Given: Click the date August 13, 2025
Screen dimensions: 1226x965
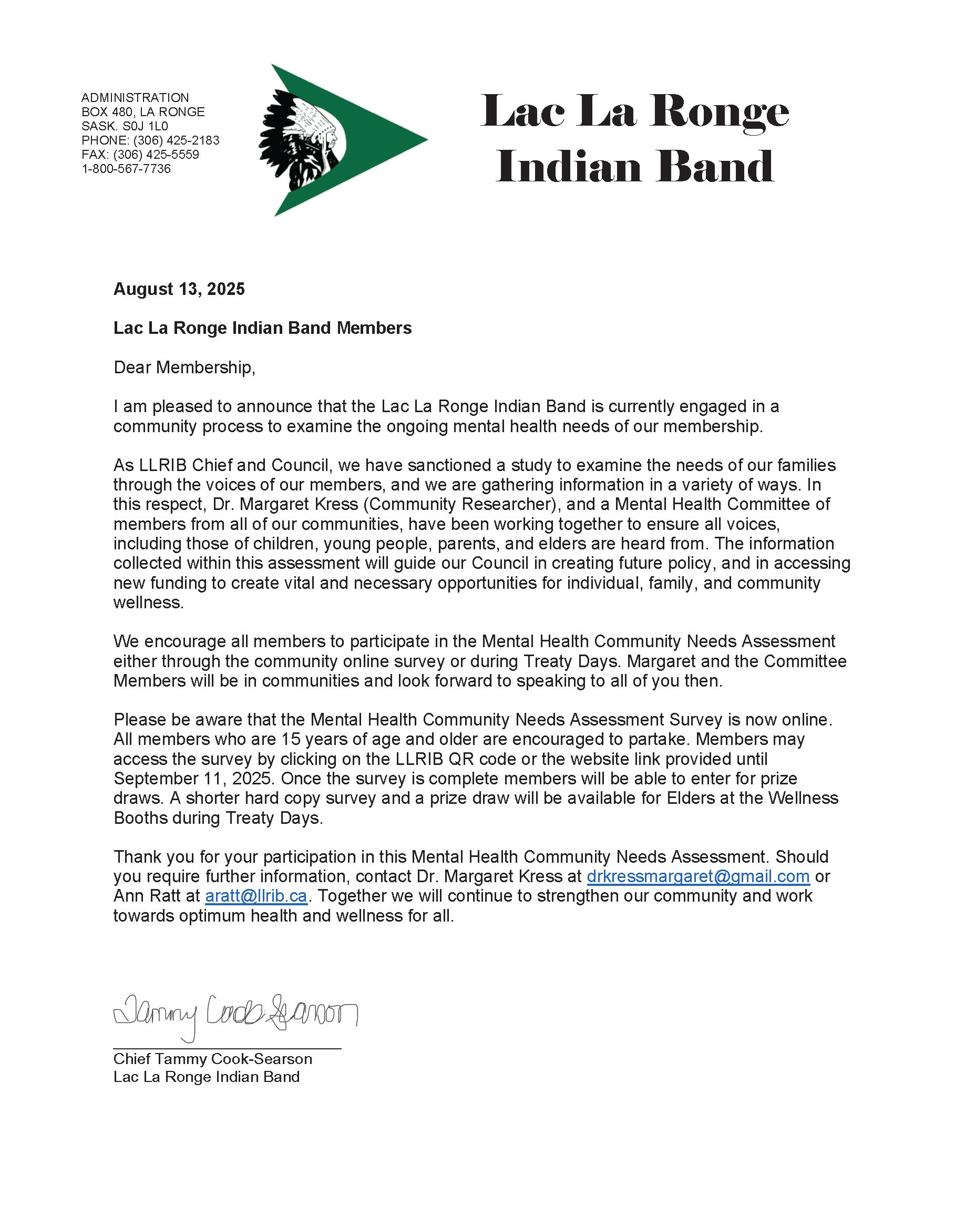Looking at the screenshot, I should [179, 289].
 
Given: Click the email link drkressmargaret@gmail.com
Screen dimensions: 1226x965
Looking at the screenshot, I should [698, 876].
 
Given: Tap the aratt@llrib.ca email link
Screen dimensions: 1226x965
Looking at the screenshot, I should [256, 896].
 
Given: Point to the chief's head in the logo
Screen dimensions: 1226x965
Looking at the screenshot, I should [316, 136].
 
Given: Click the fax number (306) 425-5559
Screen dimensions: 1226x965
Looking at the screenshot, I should [157, 155].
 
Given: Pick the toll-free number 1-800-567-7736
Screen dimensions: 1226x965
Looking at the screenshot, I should [126, 169].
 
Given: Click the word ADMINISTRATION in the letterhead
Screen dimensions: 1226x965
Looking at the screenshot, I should [135, 98].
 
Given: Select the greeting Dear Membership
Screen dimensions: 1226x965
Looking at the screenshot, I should [184, 368].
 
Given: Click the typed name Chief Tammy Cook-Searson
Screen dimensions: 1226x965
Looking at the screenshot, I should [212, 1059].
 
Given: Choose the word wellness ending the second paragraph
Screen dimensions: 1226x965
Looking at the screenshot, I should [148, 602].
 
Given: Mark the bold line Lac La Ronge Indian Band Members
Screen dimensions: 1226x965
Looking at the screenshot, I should [262, 328].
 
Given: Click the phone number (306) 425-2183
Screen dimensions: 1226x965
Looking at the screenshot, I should [176, 140].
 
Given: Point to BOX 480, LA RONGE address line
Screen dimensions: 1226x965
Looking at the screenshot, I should [143, 112].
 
